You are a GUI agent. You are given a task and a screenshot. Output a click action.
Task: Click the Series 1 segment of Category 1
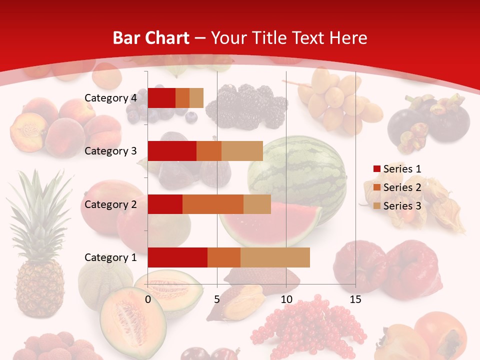coord(177,257)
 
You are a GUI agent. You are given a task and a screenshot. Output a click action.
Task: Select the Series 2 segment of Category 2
coord(213,204)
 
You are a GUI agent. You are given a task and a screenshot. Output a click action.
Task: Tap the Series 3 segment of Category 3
coord(242,151)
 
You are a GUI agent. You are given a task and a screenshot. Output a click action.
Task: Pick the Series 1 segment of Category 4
coord(161,97)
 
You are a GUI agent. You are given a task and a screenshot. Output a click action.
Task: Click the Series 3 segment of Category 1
coord(275,257)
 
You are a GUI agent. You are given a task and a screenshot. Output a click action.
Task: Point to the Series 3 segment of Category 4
coord(196,97)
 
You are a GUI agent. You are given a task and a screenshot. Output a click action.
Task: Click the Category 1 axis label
coord(110,257)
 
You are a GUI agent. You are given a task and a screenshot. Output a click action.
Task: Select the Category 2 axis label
coord(110,204)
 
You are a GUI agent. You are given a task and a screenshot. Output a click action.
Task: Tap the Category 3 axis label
coord(110,151)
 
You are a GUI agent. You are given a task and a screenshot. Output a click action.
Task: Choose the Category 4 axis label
coord(110,97)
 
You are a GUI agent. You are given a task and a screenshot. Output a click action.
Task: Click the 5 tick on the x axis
coord(217,299)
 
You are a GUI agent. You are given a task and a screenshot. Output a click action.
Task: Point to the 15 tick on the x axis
coord(355,299)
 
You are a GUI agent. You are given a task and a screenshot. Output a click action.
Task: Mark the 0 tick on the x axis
coord(148,299)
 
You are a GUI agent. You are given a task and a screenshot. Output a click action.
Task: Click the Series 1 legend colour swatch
coord(376,169)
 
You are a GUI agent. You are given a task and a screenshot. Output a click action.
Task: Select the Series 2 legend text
coord(402,187)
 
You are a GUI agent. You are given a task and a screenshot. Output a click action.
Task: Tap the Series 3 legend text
coord(402,206)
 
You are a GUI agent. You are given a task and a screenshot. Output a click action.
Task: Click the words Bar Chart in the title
coord(151,38)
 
